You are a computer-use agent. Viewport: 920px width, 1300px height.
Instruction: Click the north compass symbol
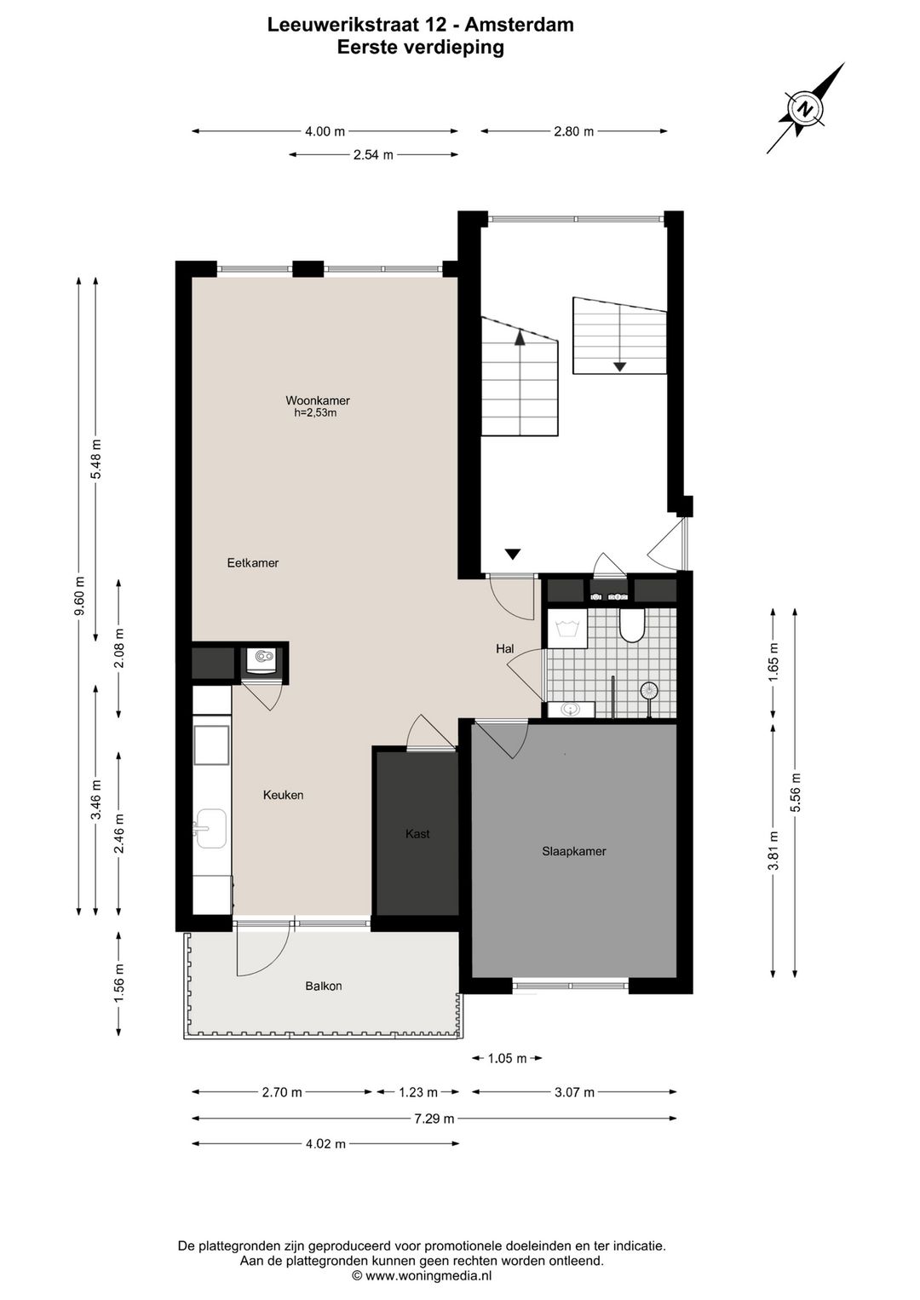[805, 109]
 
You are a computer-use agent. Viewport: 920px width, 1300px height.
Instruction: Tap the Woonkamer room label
[317, 400]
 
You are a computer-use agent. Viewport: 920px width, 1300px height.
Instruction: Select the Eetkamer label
[253, 563]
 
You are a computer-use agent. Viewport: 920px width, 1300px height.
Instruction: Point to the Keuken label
[283, 795]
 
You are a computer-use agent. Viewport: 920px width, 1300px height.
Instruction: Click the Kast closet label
[417, 834]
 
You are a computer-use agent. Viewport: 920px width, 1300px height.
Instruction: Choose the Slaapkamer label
[573, 851]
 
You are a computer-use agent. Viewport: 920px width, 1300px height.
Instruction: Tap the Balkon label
[324, 987]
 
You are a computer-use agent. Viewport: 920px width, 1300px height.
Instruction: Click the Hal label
[505, 649]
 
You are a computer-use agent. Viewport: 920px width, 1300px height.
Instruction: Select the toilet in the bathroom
[632, 626]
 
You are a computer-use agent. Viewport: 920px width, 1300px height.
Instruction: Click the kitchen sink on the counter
[210, 829]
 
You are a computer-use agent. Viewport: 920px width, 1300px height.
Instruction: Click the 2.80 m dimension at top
[573, 131]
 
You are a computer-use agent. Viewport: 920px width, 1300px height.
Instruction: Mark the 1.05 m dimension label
[506, 1059]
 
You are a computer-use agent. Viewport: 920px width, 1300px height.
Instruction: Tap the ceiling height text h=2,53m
[315, 413]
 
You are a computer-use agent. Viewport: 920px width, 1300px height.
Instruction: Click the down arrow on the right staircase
[619, 366]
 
